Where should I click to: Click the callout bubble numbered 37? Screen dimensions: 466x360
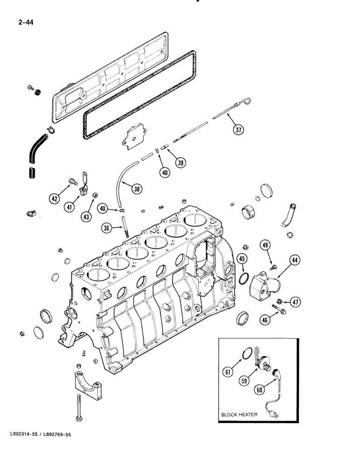[x=239, y=130]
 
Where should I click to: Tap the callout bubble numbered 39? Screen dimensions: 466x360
[x=180, y=163]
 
